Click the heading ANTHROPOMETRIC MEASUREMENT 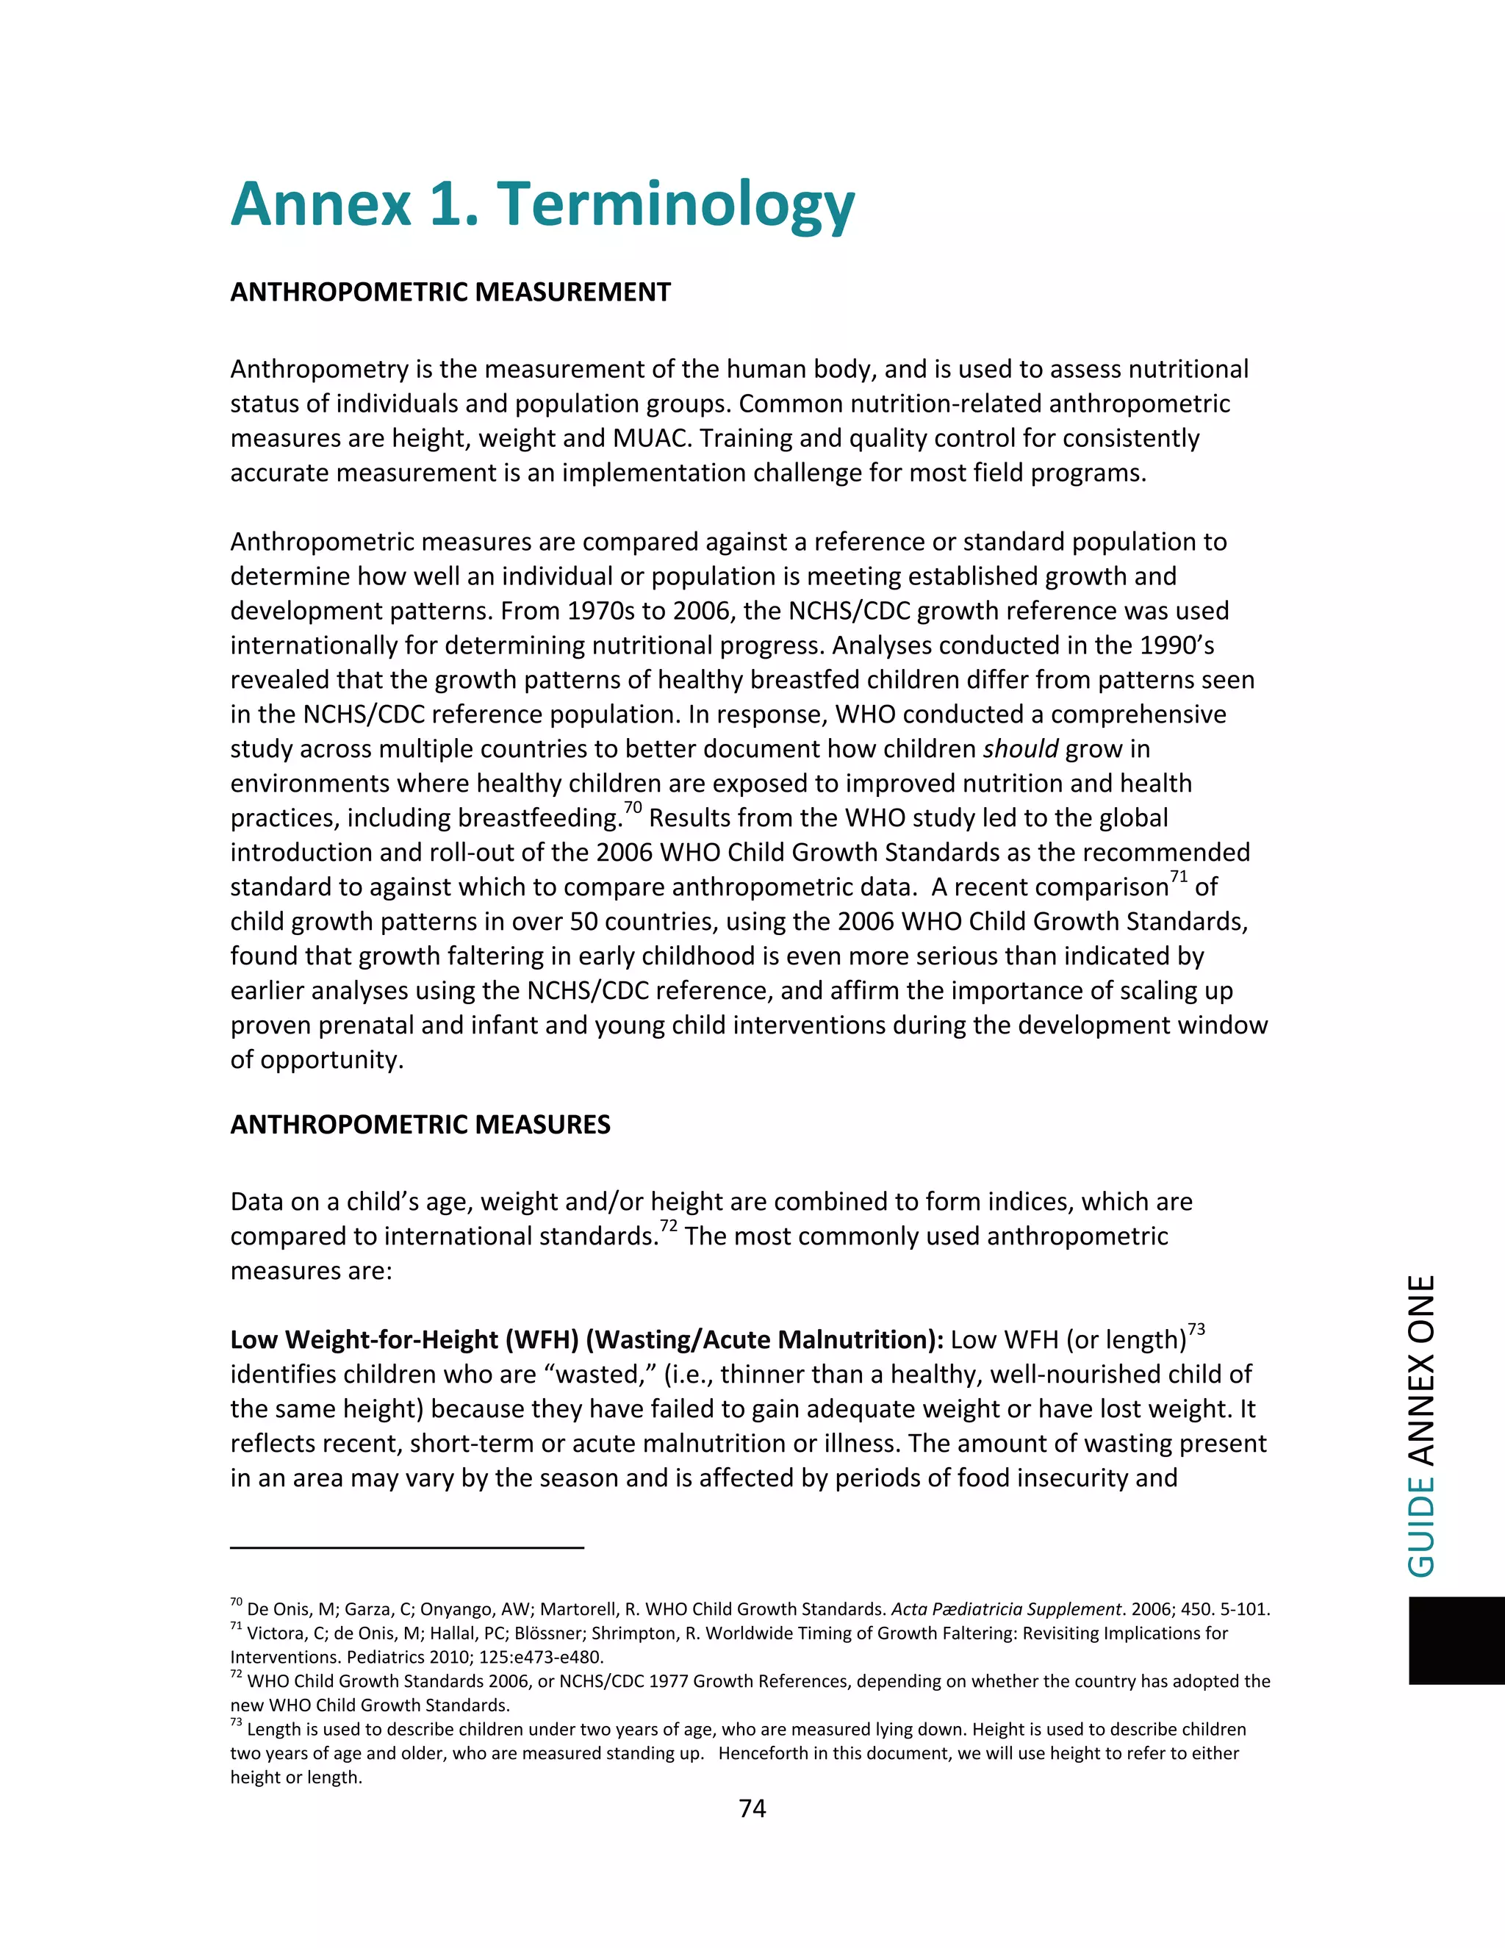pos(450,293)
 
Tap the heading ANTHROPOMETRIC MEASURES pos(420,1125)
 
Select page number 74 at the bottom pos(752,1808)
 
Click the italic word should pos(1020,749)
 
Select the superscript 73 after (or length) pos(1196,1330)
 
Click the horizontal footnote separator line pos(406,1547)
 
